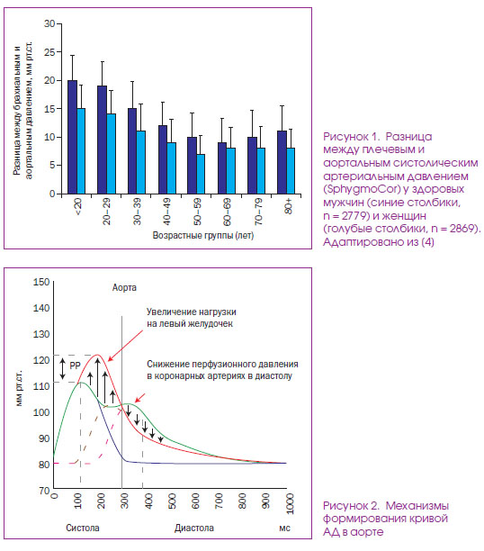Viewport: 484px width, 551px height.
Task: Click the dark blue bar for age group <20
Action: point(72,137)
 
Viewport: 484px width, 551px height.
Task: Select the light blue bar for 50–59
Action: point(201,174)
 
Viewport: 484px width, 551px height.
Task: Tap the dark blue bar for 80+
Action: point(282,162)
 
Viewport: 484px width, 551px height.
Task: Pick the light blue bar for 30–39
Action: point(141,162)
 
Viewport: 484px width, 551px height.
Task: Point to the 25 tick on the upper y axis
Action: point(49,52)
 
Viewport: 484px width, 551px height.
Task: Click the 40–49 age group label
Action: point(166,212)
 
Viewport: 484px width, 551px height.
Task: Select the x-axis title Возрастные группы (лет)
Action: point(203,235)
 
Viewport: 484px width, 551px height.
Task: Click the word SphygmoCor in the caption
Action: point(362,189)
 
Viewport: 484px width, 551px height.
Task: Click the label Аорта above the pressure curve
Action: point(124,287)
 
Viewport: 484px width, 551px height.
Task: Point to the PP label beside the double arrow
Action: point(75,366)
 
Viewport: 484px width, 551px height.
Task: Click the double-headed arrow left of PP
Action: point(62,368)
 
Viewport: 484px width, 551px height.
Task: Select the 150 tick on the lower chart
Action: point(41,282)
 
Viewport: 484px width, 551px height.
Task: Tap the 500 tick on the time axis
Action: point(173,501)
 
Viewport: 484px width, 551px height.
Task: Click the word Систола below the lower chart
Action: point(83,528)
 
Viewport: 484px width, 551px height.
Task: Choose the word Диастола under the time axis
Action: point(194,528)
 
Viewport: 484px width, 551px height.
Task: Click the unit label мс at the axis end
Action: point(284,528)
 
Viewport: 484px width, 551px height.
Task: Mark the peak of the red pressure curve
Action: point(97,355)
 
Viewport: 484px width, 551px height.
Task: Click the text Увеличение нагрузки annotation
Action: point(191,312)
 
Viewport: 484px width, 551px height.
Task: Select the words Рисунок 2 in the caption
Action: point(351,506)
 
